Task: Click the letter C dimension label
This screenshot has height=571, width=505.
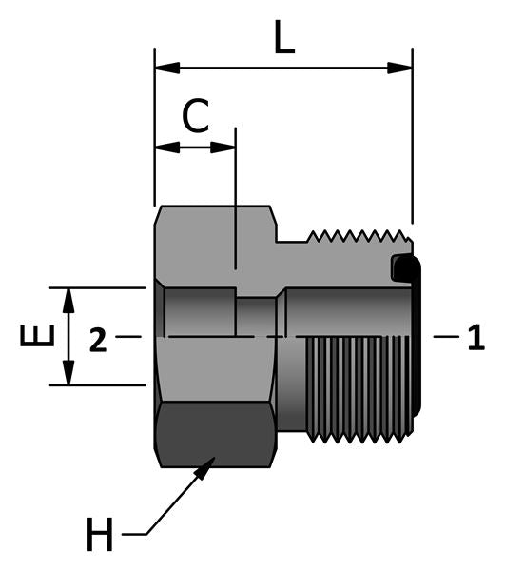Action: tap(195, 117)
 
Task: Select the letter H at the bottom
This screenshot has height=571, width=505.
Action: tap(99, 536)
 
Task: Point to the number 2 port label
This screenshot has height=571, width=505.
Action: tap(97, 339)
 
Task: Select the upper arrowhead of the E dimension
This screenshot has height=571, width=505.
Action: tap(68, 298)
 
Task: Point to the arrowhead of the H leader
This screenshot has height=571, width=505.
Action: tap(207, 465)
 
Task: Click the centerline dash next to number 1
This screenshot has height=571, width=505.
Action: tap(443, 337)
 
